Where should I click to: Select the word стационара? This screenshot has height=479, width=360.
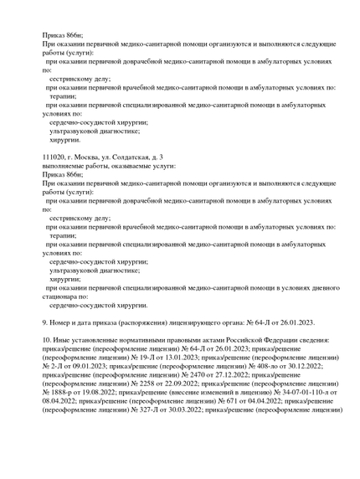66,296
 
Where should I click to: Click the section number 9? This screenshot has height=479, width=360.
45,322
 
